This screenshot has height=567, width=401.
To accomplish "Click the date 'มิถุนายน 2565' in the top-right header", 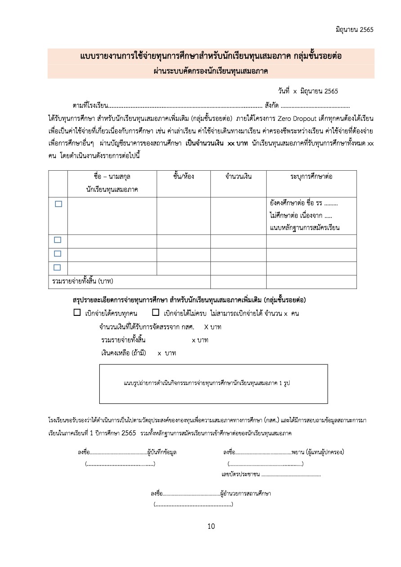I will (x=354, y=30).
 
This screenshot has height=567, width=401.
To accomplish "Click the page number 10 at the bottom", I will (x=211, y=526).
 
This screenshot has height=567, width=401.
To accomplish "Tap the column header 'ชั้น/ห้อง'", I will (x=183, y=177).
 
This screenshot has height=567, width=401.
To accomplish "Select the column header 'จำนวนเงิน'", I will (x=238, y=177).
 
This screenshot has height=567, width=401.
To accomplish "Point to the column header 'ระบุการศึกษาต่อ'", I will (x=311, y=177).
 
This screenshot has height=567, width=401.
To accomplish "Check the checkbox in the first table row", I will (x=58, y=204).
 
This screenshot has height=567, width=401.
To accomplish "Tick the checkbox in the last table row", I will (x=58, y=267).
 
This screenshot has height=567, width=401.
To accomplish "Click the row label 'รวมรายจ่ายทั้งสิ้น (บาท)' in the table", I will (x=82, y=282).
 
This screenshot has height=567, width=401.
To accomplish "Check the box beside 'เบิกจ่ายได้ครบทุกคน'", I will (x=77, y=313).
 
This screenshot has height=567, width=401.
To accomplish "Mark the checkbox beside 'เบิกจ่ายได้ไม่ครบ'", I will (x=156, y=313).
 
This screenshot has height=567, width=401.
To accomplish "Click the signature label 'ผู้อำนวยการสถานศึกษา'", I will (x=245, y=493).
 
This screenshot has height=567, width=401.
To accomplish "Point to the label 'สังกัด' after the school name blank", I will (x=272, y=106).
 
